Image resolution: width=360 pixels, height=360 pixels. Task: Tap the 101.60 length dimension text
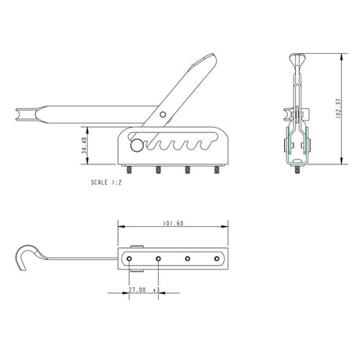click(174, 224)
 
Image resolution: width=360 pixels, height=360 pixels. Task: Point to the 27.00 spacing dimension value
click(137, 290)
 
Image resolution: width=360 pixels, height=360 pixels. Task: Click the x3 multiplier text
click(157, 290)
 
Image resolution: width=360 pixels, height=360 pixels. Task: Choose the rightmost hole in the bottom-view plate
click(217, 257)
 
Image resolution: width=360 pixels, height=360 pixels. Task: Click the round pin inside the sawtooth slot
click(137, 145)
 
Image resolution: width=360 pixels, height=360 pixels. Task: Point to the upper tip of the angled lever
click(213, 56)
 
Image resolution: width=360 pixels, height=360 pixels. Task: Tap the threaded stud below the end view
click(297, 170)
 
